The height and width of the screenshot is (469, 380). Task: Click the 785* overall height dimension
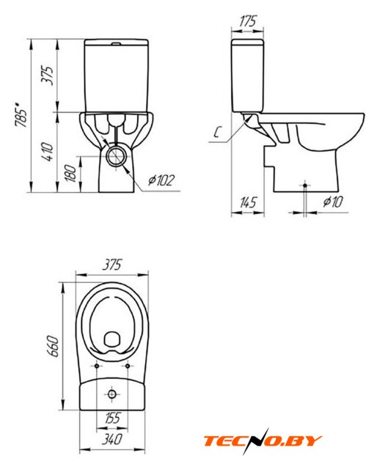(21, 115)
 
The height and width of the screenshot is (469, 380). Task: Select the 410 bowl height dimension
(48, 152)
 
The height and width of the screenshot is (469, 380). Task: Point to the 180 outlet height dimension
(71, 173)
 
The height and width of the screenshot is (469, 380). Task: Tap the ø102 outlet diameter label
(161, 180)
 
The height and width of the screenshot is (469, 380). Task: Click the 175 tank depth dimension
(248, 21)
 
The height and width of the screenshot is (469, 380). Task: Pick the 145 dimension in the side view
(248, 202)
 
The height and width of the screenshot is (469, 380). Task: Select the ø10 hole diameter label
(333, 202)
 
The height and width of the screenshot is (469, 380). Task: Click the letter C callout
(218, 132)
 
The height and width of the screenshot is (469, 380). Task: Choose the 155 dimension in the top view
(112, 418)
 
